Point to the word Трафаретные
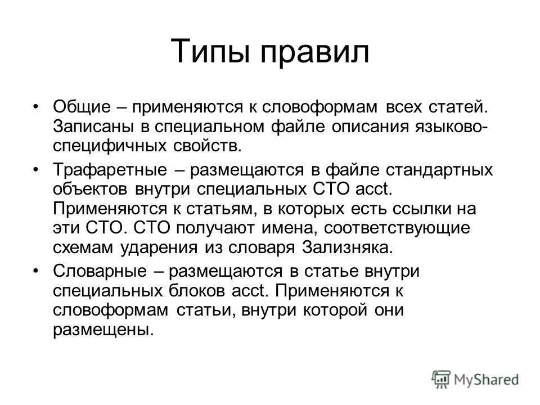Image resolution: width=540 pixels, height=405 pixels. click(x=104, y=169)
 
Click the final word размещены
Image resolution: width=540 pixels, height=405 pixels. click(x=103, y=331)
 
